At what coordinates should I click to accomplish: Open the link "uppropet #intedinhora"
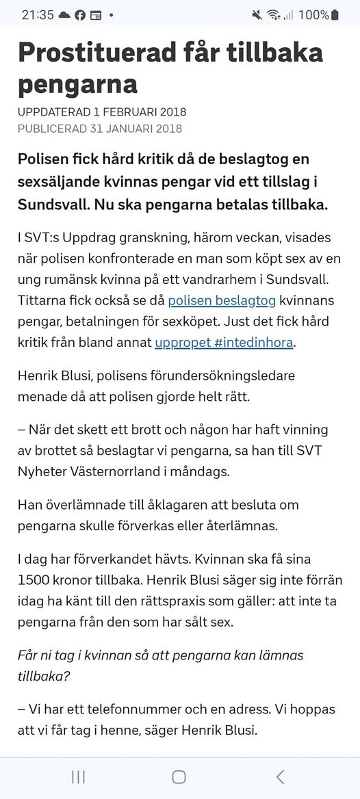[x=224, y=342]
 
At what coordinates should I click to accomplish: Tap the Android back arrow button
[x=279, y=776]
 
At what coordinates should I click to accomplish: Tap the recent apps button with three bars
[x=78, y=776]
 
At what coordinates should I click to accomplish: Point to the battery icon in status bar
[x=335, y=14]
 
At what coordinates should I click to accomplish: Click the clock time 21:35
[x=38, y=14]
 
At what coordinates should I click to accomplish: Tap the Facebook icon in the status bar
[x=80, y=14]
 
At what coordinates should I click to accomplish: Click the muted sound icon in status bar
[x=257, y=14]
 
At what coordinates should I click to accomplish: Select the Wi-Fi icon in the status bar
[x=274, y=14]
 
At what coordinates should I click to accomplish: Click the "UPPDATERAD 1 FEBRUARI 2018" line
[x=102, y=112]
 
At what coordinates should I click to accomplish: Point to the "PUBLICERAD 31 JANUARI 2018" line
[x=100, y=128]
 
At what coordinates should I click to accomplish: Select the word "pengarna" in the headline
[x=77, y=84]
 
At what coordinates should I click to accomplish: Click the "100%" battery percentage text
[x=313, y=14]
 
